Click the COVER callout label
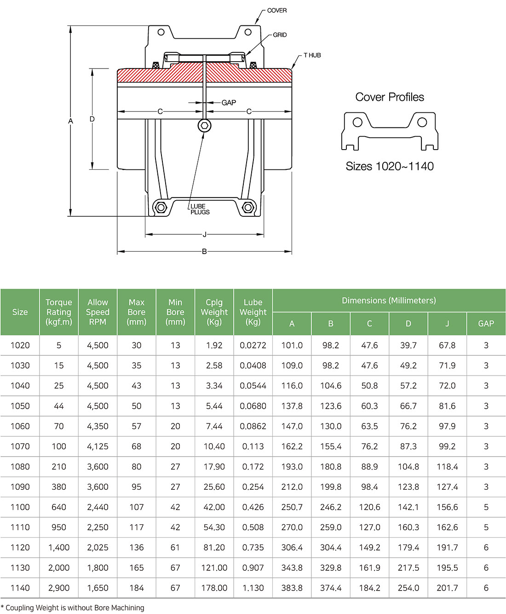click(x=276, y=11)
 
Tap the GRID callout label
click(x=280, y=35)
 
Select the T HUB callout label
click(x=312, y=55)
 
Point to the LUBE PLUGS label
click(x=200, y=209)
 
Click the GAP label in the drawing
click(x=229, y=103)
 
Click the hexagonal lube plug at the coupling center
click(x=205, y=126)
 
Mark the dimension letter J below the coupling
click(x=205, y=235)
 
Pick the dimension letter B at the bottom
click(x=204, y=252)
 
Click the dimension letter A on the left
click(x=71, y=121)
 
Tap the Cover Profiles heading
click(x=390, y=97)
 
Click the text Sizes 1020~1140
click(x=390, y=166)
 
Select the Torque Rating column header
click(x=59, y=312)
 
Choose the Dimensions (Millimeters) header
click(x=389, y=301)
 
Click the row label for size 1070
click(x=20, y=446)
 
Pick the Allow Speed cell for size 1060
click(x=98, y=426)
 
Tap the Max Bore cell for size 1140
click(x=137, y=588)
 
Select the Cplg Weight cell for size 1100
click(x=214, y=507)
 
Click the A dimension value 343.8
click(x=292, y=568)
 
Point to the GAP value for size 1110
click(x=486, y=527)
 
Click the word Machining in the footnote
click(x=127, y=608)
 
